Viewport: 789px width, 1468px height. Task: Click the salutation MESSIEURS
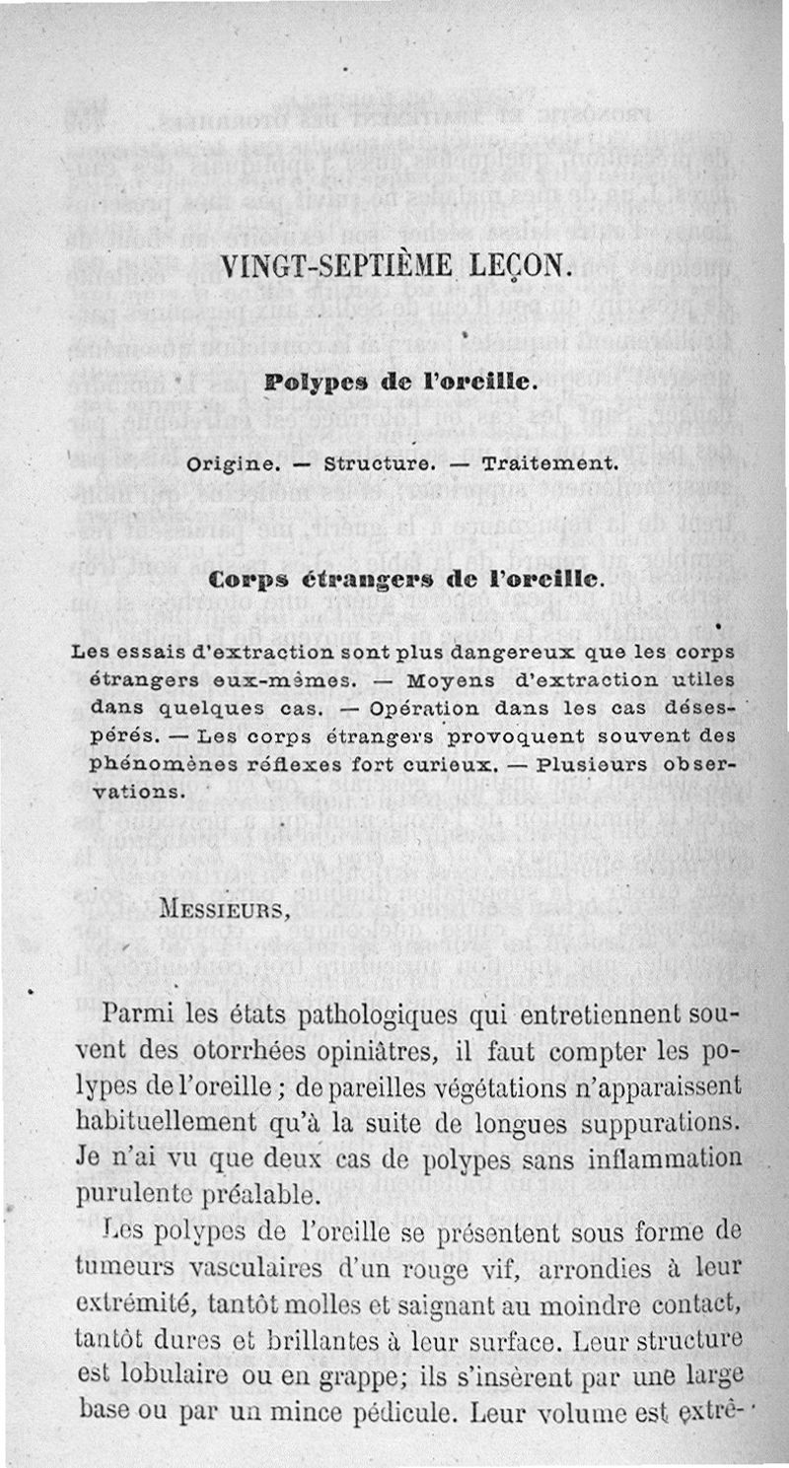[x=224, y=908]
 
